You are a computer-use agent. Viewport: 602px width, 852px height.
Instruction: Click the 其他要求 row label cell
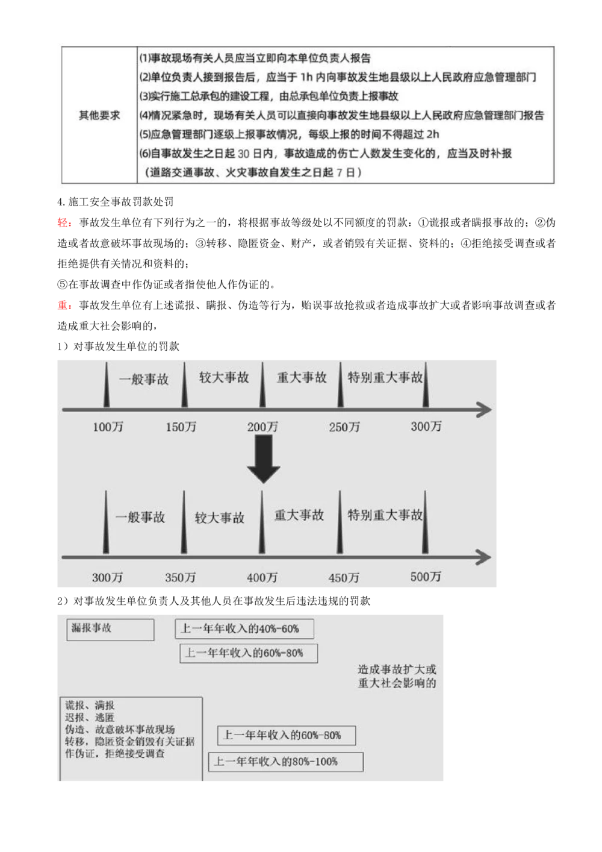click(99, 115)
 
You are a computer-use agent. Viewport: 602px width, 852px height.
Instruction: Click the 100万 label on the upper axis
click(108, 427)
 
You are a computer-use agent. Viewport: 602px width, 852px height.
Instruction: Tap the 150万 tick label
click(181, 427)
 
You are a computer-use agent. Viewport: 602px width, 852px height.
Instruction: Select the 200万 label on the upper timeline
click(262, 427)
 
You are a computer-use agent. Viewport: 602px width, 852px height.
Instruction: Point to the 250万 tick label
click(344, 427)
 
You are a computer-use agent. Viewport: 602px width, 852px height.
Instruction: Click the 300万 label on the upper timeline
click(426, 427)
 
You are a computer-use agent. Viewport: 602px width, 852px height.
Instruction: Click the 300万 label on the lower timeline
click(107, 578)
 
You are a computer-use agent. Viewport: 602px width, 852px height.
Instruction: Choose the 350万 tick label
click(180, 578)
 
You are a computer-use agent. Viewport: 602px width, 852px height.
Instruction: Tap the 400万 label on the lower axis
click(262, 578)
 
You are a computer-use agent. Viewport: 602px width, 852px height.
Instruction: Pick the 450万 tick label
click(344, 578)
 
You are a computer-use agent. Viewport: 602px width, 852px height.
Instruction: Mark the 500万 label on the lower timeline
click(426, 577)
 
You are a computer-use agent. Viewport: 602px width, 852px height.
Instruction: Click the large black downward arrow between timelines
click(263, 459)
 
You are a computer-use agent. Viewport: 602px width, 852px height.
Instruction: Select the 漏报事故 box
click(110, 629)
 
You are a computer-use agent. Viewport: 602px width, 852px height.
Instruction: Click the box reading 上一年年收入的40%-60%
click(244, 629)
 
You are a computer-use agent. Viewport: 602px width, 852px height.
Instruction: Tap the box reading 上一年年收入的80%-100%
click(286, 762)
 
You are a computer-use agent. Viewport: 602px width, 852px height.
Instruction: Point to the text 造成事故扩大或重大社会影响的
click(397, 676)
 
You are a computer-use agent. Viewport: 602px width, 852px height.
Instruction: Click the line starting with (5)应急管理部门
click(289, 134)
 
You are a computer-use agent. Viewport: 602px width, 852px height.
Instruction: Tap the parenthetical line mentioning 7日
click(253, 173)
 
